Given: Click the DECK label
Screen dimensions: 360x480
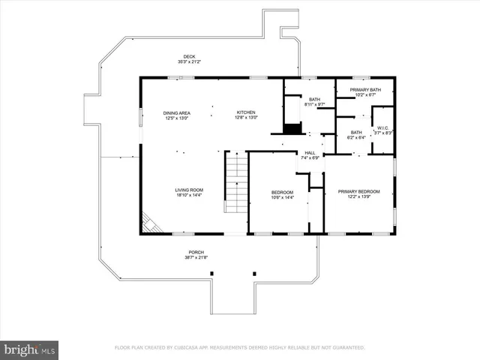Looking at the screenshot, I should pos(190,57).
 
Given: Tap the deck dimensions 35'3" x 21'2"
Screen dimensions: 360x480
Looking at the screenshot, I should pos(190,62).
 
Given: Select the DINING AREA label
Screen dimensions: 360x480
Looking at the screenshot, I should pos(177,112).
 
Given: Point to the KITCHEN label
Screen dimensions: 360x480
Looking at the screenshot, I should pos(247,112).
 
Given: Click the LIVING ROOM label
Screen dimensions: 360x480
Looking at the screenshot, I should pos(190,190).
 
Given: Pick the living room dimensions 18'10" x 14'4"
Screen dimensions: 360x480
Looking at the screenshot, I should pos(190,195).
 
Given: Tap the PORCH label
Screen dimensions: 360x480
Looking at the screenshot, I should pos(196,252).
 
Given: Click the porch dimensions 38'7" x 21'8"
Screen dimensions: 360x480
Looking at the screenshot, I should pos(196,257).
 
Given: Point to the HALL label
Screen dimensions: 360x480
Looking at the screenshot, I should pos(310,153).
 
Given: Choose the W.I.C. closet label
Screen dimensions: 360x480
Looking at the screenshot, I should pos(383,127).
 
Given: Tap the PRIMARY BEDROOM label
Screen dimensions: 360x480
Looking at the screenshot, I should pos(359,191).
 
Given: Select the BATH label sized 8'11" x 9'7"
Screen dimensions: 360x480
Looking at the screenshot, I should pos(314,100).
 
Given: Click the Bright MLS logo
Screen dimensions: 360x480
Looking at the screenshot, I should pos(30,349).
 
